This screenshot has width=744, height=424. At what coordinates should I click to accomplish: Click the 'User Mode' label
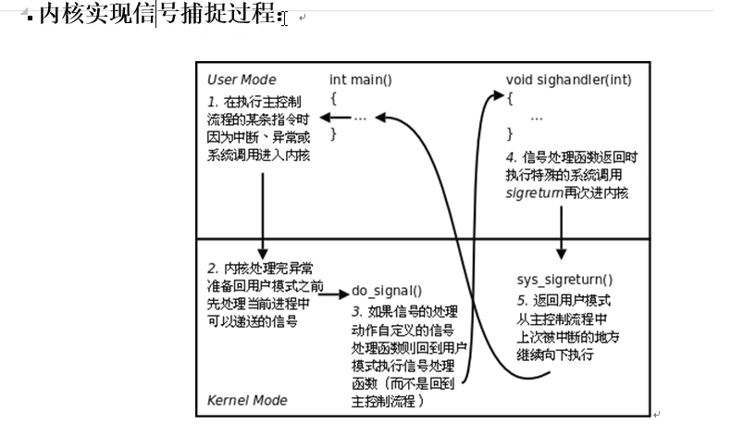(x=241, y=80)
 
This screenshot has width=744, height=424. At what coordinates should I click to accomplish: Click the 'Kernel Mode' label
(x=247, y=400)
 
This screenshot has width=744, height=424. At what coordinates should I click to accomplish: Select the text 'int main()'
(x=361, y=80)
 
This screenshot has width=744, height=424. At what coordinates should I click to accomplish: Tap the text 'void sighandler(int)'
(x=568, y=80)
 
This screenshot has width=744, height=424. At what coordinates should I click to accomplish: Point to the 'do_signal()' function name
(x=387, y=290)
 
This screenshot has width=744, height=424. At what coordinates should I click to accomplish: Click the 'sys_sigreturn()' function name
(x=564, y=279)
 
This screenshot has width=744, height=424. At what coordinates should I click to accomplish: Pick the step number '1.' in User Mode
(x=213, y=100)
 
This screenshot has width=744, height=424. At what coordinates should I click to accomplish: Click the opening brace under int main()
(x=334, y=98)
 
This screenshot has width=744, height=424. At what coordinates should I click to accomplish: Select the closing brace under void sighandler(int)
(x=509, y=134)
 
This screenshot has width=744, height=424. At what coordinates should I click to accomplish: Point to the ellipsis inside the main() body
(x=360, y=118)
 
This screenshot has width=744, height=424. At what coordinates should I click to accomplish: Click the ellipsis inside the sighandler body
(x=536, y=118)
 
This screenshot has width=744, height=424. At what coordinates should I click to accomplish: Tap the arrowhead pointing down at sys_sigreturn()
(x=562, y=254)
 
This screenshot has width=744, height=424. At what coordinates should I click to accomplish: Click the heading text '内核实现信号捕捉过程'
(x=156, y=15)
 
